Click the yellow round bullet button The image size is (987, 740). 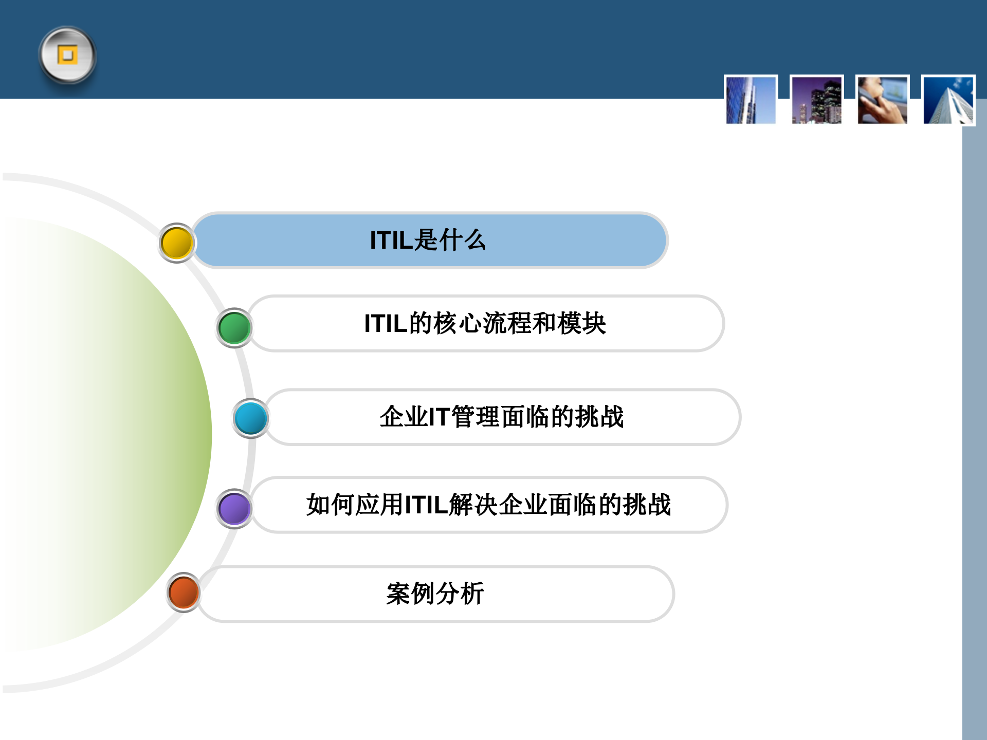[x=176, y=243]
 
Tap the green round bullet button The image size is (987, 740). [x=234, y=328]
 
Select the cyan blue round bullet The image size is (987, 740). [x=250, y=418]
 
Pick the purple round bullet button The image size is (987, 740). [x=234, y=509]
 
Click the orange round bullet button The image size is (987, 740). [x=184, y=592]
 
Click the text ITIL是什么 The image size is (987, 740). [x=427, y=240]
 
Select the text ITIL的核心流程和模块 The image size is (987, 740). [x=485, y=323]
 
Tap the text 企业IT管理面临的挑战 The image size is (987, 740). [x=501, y=417]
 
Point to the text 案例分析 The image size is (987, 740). [x=435, y=594]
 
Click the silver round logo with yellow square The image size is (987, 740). [x=67, y=55]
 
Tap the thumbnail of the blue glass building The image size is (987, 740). [x=751, y=100]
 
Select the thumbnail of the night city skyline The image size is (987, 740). [x=816, y=100]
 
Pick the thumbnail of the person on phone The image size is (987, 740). [x=882, y=100]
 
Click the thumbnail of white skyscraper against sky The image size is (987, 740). [x=948, y=100]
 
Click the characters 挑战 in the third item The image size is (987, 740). [x=599, y=417]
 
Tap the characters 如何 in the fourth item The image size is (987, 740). [x=331, y=505]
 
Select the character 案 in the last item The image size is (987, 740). [x=398, y=594]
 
